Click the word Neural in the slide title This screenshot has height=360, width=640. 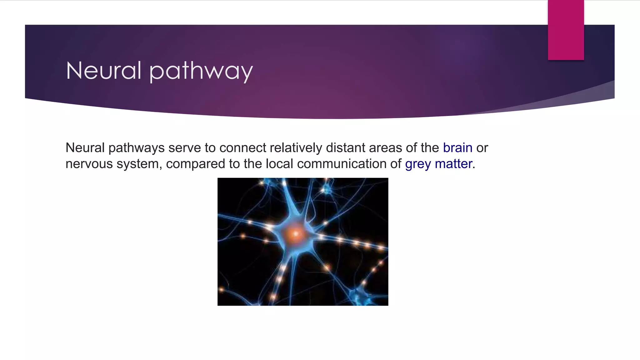point(103,71)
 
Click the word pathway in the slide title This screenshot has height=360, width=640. point(201,71)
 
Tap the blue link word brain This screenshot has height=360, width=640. point(457,148)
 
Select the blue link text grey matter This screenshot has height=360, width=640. point(438,164)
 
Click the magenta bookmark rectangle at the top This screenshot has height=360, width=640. point(566,30)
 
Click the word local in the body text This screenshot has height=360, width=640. point(279,164)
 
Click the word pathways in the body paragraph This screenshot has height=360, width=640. point(137,148)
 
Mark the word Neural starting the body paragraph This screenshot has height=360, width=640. point(85,148)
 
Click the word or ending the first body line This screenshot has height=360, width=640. point(482,148)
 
